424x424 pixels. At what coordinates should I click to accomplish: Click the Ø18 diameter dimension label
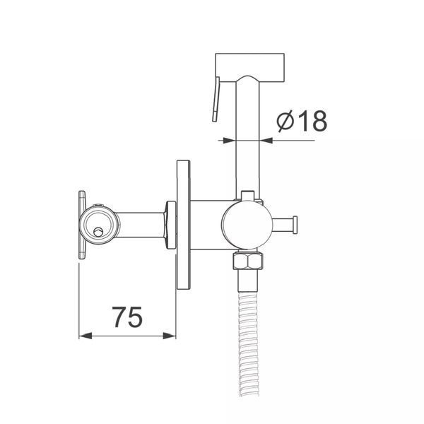click(x=302, y=121)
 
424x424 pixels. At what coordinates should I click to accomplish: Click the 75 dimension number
click(x=127, y=317)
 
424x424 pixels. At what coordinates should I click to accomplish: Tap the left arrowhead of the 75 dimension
click(x=86, y=336)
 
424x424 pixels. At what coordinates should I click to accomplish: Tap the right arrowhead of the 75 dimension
click(x=170, y=336)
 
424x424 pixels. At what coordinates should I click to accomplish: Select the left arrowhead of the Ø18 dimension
click(x=230, y=141)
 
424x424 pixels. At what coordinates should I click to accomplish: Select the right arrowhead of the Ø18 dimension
click(x=266, y=141)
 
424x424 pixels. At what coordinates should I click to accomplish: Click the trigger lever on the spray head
click(x=216, y=99)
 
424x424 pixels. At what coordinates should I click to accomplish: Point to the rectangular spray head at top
click(x=249, y=68)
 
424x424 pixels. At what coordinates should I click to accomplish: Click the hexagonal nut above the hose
click(x=248, y=261)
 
